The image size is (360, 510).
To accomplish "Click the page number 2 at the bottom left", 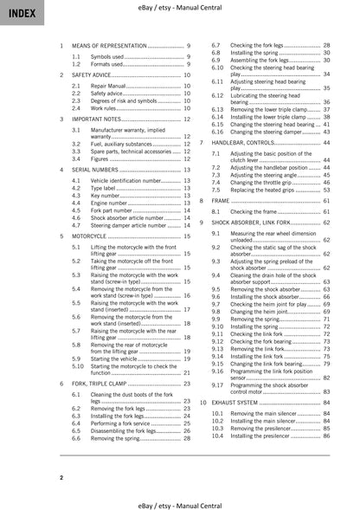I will point(61,476).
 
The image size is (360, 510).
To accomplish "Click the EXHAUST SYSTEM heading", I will point(237,403).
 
